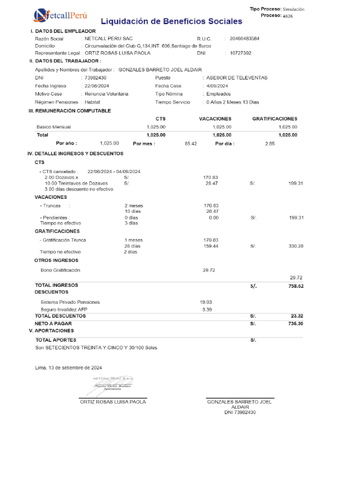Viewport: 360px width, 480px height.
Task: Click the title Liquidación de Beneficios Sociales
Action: coord(172,22)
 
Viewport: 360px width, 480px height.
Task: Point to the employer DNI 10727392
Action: coord(240,53)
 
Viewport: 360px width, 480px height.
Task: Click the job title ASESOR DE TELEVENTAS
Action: coord(237,78)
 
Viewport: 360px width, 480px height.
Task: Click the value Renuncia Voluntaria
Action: coord(106,94)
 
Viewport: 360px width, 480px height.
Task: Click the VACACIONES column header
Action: coord(215,119)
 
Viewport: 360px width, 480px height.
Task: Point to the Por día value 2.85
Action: coord(270,143)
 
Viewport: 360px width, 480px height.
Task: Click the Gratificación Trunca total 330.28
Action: coord(296,246)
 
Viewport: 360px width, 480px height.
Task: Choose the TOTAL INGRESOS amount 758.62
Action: coord(296,285)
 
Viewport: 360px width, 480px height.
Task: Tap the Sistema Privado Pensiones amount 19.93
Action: coord(206,302)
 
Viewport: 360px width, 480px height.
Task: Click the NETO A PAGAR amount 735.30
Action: coord(296,323)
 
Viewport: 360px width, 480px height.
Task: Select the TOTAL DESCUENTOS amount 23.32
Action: coord(297,316)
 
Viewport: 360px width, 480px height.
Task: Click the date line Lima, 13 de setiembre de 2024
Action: coord(68,367)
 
